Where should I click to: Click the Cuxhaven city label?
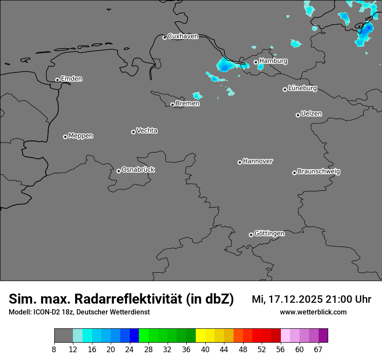coord(183,36)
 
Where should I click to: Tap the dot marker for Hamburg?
coord(256,62)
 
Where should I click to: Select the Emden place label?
coord(71,79)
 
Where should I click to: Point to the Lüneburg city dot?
coord(285,89)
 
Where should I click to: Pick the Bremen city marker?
coord(172,105)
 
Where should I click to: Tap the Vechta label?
coord(147,131)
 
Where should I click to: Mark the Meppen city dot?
coord(65,137)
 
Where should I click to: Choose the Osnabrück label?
coord(138,170)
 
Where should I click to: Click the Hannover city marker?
coord(240,162)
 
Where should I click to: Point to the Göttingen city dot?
coord(251,235)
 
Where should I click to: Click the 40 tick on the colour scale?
coord(205,350)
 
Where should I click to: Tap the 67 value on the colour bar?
coord(318,350)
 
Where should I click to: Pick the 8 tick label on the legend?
coord(54,350)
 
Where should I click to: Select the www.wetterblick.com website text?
coord(313,312)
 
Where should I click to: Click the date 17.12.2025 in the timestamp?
coord(295,299)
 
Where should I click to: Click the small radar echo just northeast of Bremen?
coord(198,95)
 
